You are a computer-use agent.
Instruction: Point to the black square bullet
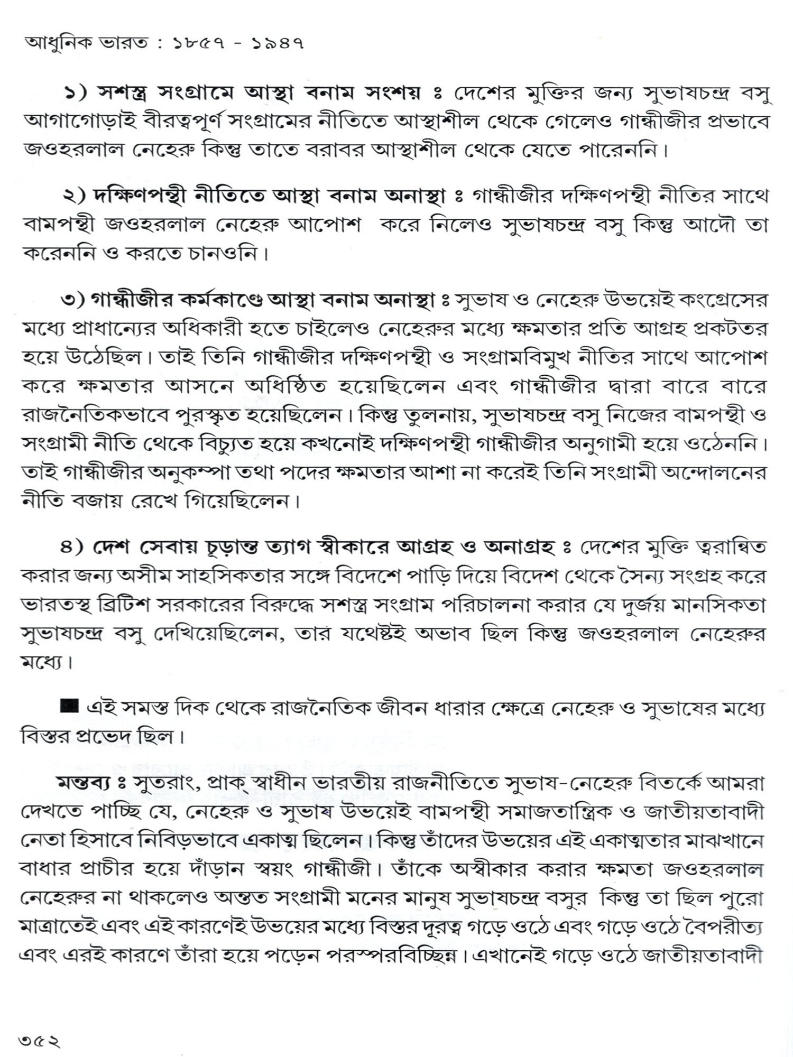(69, 706)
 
